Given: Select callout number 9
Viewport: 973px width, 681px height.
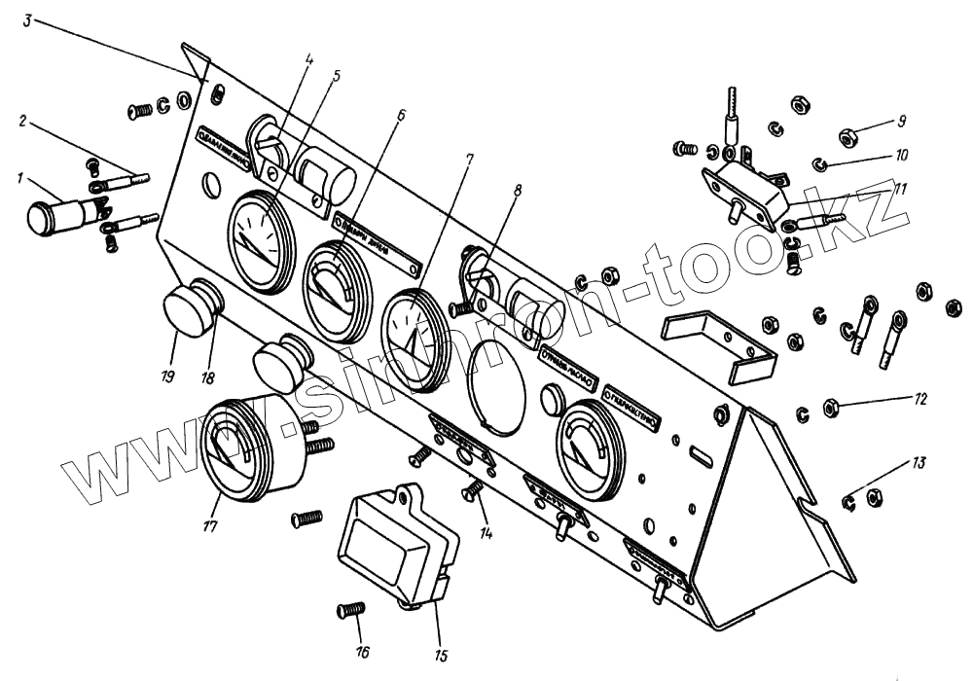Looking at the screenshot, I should click(902, 122).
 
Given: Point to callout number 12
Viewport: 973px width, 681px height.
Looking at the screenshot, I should click(920, 399).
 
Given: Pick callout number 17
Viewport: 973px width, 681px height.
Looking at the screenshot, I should click(209, 526).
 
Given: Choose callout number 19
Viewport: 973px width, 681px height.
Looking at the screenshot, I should click(167, 375).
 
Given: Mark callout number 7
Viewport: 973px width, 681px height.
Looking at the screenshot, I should click(469, 158).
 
